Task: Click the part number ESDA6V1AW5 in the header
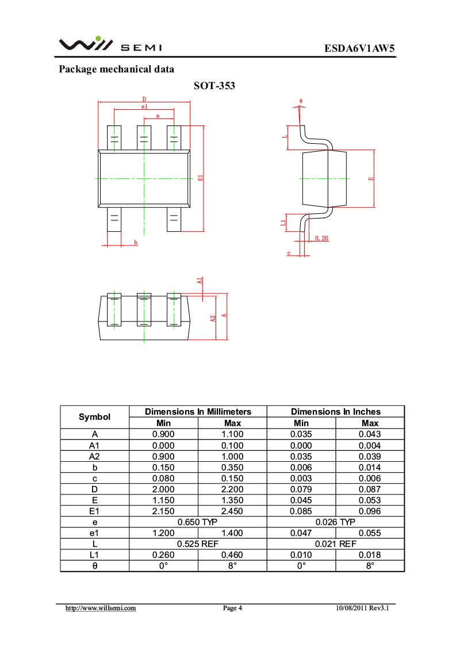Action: (x=360, y=48)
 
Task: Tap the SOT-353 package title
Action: (x=214, y=86)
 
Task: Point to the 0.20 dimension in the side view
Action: (x=321, y=238)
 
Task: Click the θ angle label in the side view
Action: (x=300, y=101)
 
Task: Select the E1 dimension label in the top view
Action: (x=200, y=178)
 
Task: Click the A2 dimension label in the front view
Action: (x=212, y=318)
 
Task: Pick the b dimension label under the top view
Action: (x=136, y=243)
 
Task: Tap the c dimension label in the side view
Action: (x=289, y=253)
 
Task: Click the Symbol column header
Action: (x=94, y=417)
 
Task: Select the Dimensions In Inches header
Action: (x=335, y=412)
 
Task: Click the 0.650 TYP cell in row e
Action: (x=197, y=522)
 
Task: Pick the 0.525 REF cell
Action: (x=197, y=543)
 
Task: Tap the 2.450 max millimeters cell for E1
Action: (x=232, y=511)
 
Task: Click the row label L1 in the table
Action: (x=94, y=554)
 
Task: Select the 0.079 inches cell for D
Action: (x=301, y=489)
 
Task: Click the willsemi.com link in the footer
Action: (x=100, y=608)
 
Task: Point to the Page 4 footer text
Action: (x=232, y=608)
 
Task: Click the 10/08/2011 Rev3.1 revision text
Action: (x=366, y=608)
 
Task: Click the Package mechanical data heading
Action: (x=116, y=70)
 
